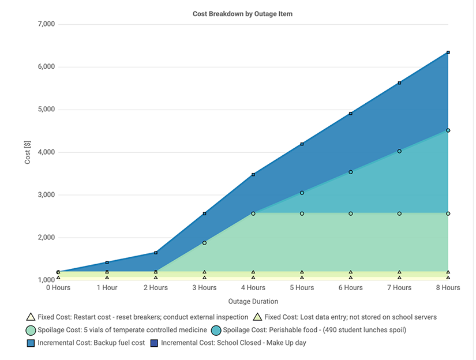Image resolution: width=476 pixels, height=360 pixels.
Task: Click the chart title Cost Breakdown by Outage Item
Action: pos(242,14)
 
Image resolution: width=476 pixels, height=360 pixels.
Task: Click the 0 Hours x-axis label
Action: pos(58,287)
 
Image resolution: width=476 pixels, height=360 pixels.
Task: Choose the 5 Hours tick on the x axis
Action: pos(302,287)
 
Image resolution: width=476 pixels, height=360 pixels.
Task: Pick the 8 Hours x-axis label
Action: pos(448,287)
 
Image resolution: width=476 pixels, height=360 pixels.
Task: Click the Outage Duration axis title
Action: pos(253,301)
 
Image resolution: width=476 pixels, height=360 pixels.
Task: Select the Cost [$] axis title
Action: pos(28,152)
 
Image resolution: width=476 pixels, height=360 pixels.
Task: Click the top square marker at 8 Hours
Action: pos(448,52)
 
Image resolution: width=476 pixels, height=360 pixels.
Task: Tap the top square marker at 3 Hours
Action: pos(204,213)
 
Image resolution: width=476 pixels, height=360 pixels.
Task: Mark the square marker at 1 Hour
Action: pos(107,262)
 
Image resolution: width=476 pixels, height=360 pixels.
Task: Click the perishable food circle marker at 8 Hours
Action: pos(448,130)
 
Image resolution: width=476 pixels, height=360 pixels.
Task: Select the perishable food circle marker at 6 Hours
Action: pos(350,172)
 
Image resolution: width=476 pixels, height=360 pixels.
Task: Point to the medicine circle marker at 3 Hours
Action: pos(204,243)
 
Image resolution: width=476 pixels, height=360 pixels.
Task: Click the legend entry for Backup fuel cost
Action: pos(86,343)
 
